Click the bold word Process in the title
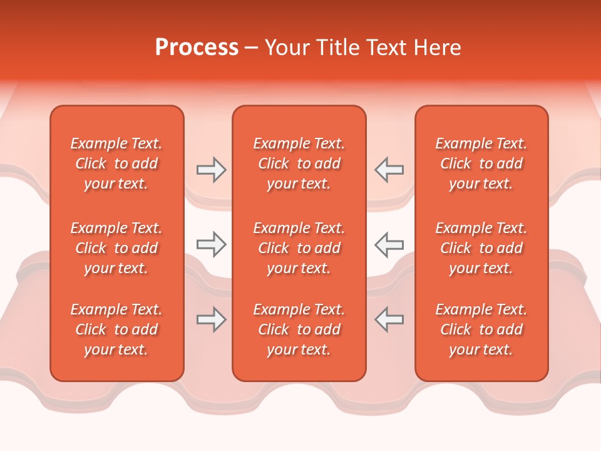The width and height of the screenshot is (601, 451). (x=197, y=48)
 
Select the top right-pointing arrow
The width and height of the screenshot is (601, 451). (x=212, y=170)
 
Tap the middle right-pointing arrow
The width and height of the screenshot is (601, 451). (x=212, y=244)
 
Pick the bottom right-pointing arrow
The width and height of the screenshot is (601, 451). (x=212, y=319)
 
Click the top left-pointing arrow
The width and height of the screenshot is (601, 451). (x=389, y=170)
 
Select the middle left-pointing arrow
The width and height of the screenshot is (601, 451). (x=389, y=244)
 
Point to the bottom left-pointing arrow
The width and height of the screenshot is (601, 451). (x=389, y=319)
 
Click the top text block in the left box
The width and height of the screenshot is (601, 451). (x=116, y=163)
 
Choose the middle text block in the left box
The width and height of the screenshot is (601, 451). (x=116, y=248)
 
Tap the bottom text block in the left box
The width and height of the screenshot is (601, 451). (x=116, y=329)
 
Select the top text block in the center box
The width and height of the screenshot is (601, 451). (x=299, y=163)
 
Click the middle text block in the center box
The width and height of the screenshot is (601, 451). (x=299, y=248)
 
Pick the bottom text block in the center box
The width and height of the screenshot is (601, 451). (x=299, y=329)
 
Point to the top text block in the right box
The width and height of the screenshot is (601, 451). (x=481, y=163)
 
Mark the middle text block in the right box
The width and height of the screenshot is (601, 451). (x=481, y=248)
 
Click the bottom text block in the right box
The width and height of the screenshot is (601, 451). (x=481, y=329)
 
